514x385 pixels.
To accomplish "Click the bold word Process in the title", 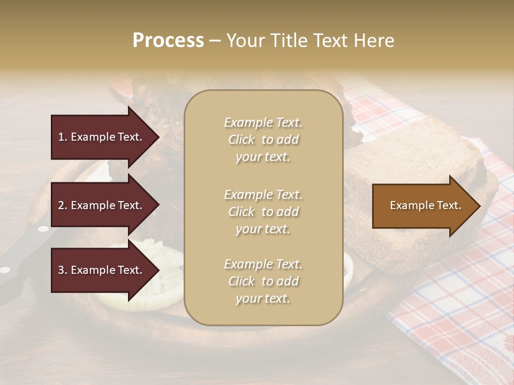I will coord(168,41).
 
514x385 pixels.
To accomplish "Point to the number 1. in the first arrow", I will coord(63,137).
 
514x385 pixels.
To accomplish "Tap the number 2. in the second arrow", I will coord(63,205).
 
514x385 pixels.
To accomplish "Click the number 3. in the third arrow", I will coord(63,271).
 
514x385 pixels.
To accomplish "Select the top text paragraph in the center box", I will coord(263,140).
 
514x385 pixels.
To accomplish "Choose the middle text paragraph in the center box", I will coord(263,212).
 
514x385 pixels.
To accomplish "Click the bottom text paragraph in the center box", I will coord(263,281).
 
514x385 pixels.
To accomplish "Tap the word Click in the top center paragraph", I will coord(241,140).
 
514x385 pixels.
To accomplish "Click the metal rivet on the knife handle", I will coord(43,229).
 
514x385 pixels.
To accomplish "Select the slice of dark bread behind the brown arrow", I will coord(407,160).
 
